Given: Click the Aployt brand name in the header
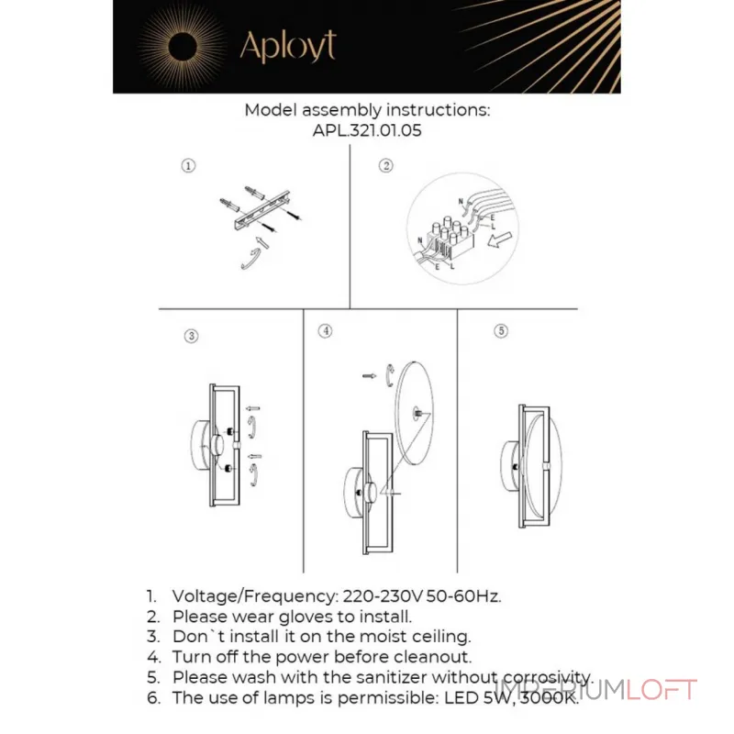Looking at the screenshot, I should [287, 46].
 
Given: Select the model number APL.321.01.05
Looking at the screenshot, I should [367, 131].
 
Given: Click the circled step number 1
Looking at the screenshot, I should [187, 166].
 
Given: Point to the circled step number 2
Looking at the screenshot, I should [385, 166].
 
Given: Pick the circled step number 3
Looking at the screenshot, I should [191, 336].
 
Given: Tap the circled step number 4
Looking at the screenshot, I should [326, 330].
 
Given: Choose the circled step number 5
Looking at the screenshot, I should [500, 330].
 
